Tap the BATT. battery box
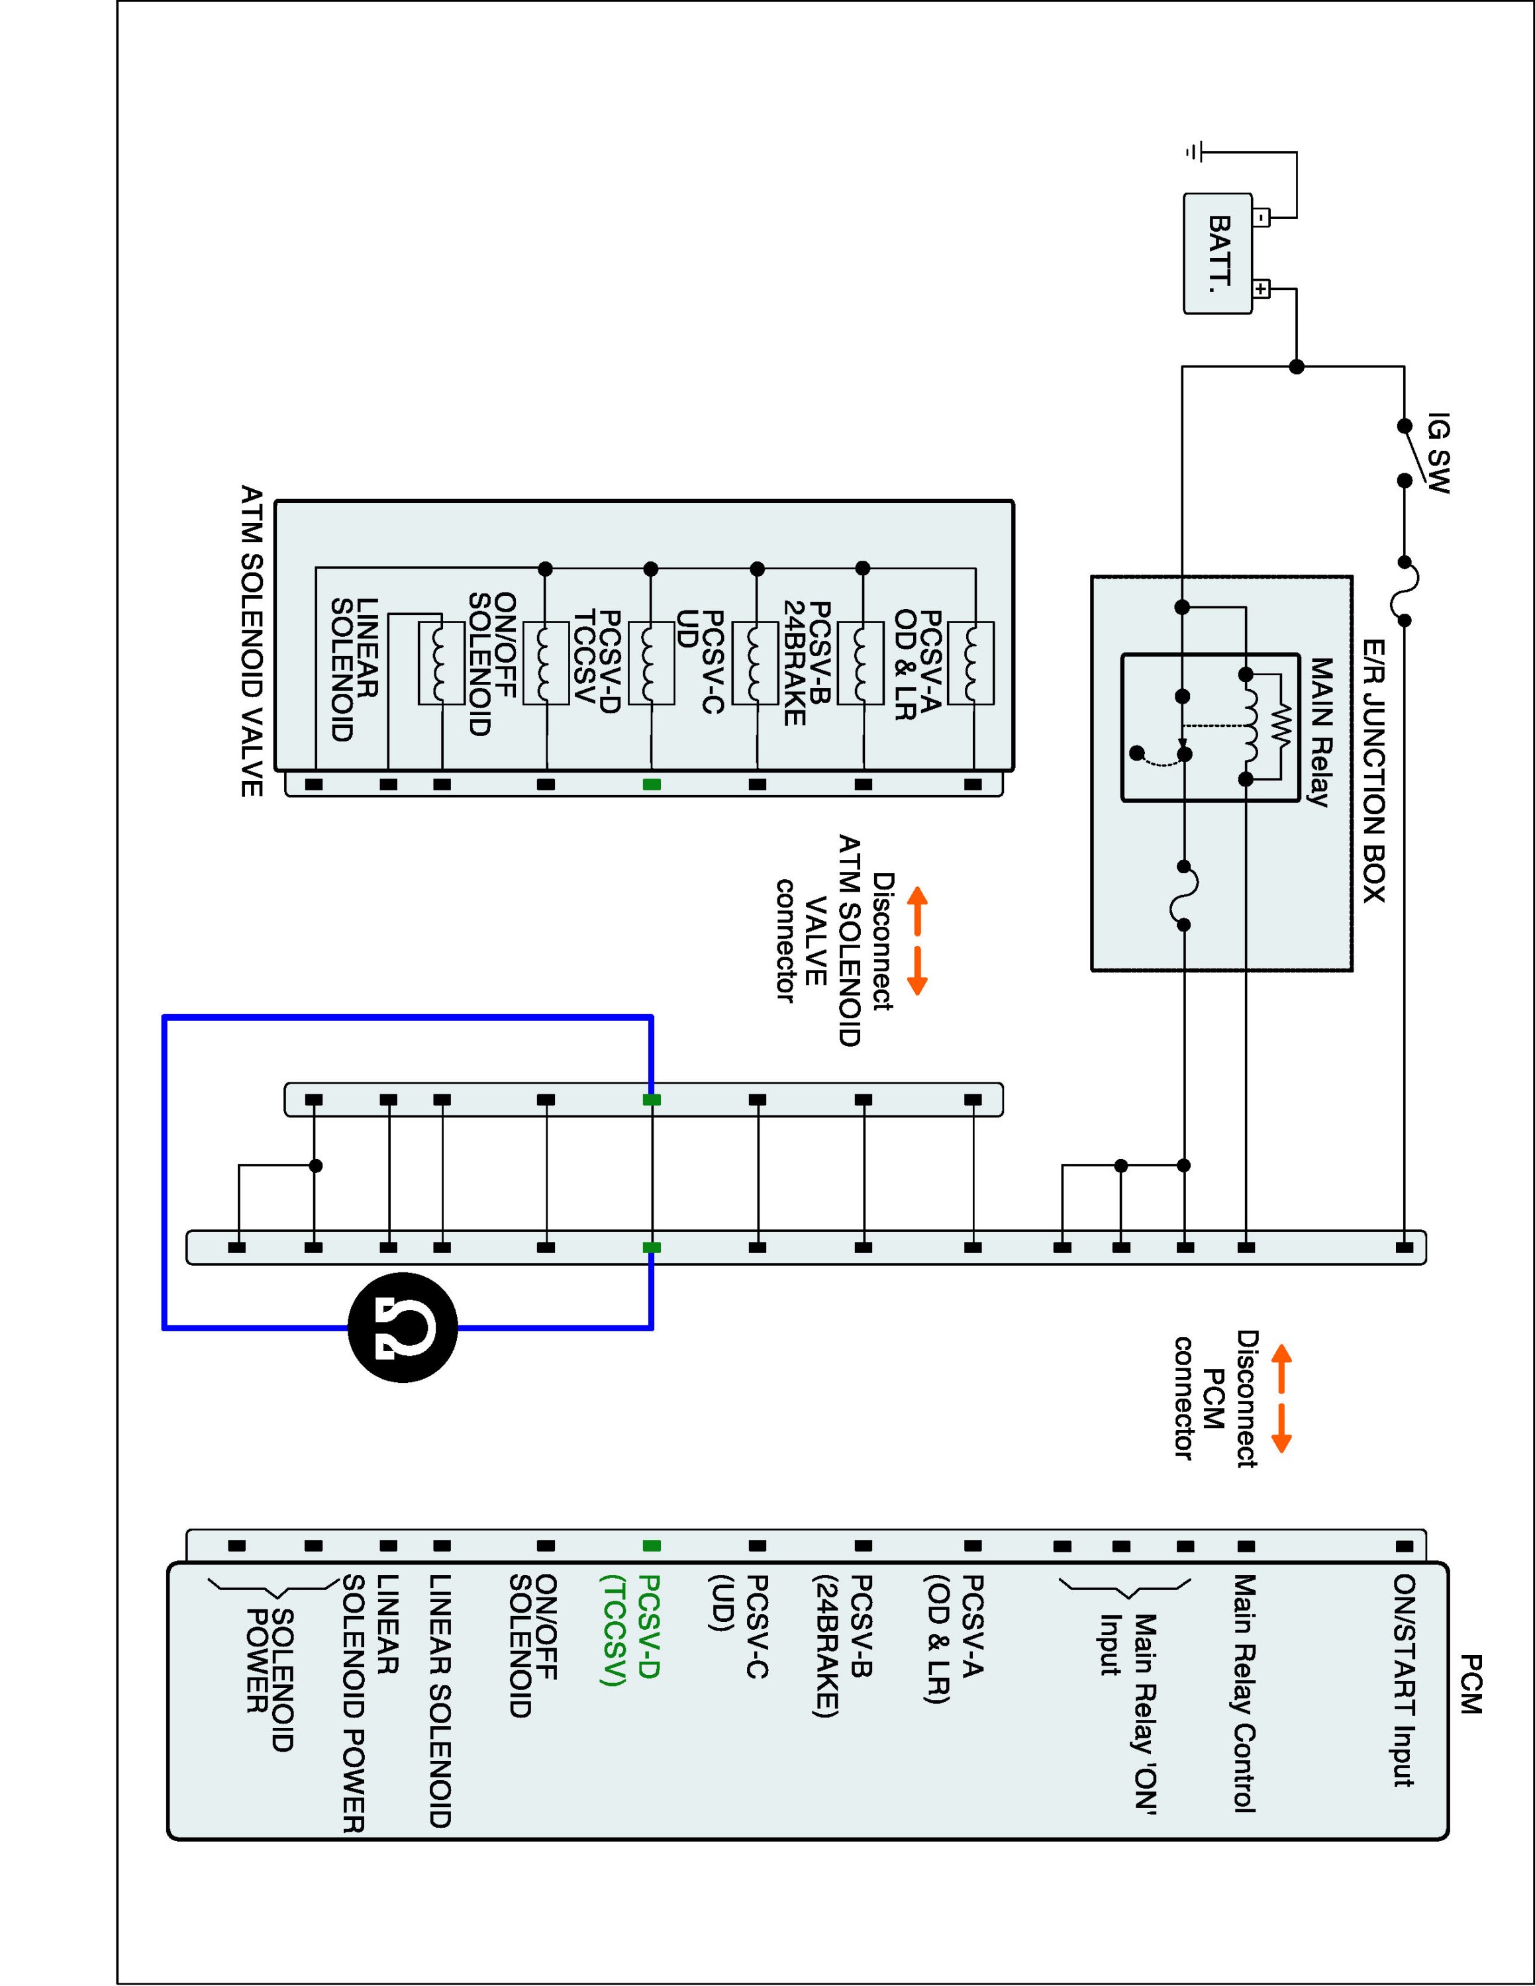1218,254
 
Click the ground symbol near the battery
1195,152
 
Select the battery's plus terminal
1262,290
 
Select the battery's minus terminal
1262,217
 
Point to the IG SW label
1436,453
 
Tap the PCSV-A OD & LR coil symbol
970,662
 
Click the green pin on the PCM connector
651,1545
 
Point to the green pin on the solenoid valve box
651,784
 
